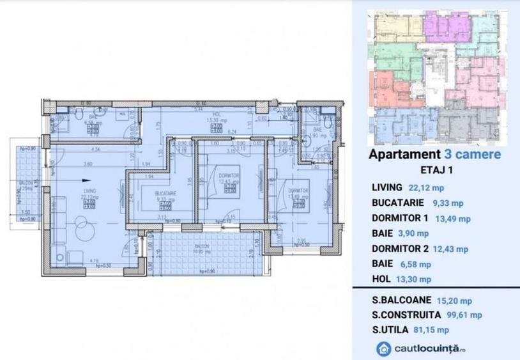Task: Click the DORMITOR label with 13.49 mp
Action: point(297,191)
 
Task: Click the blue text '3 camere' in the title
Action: point(471,154)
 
